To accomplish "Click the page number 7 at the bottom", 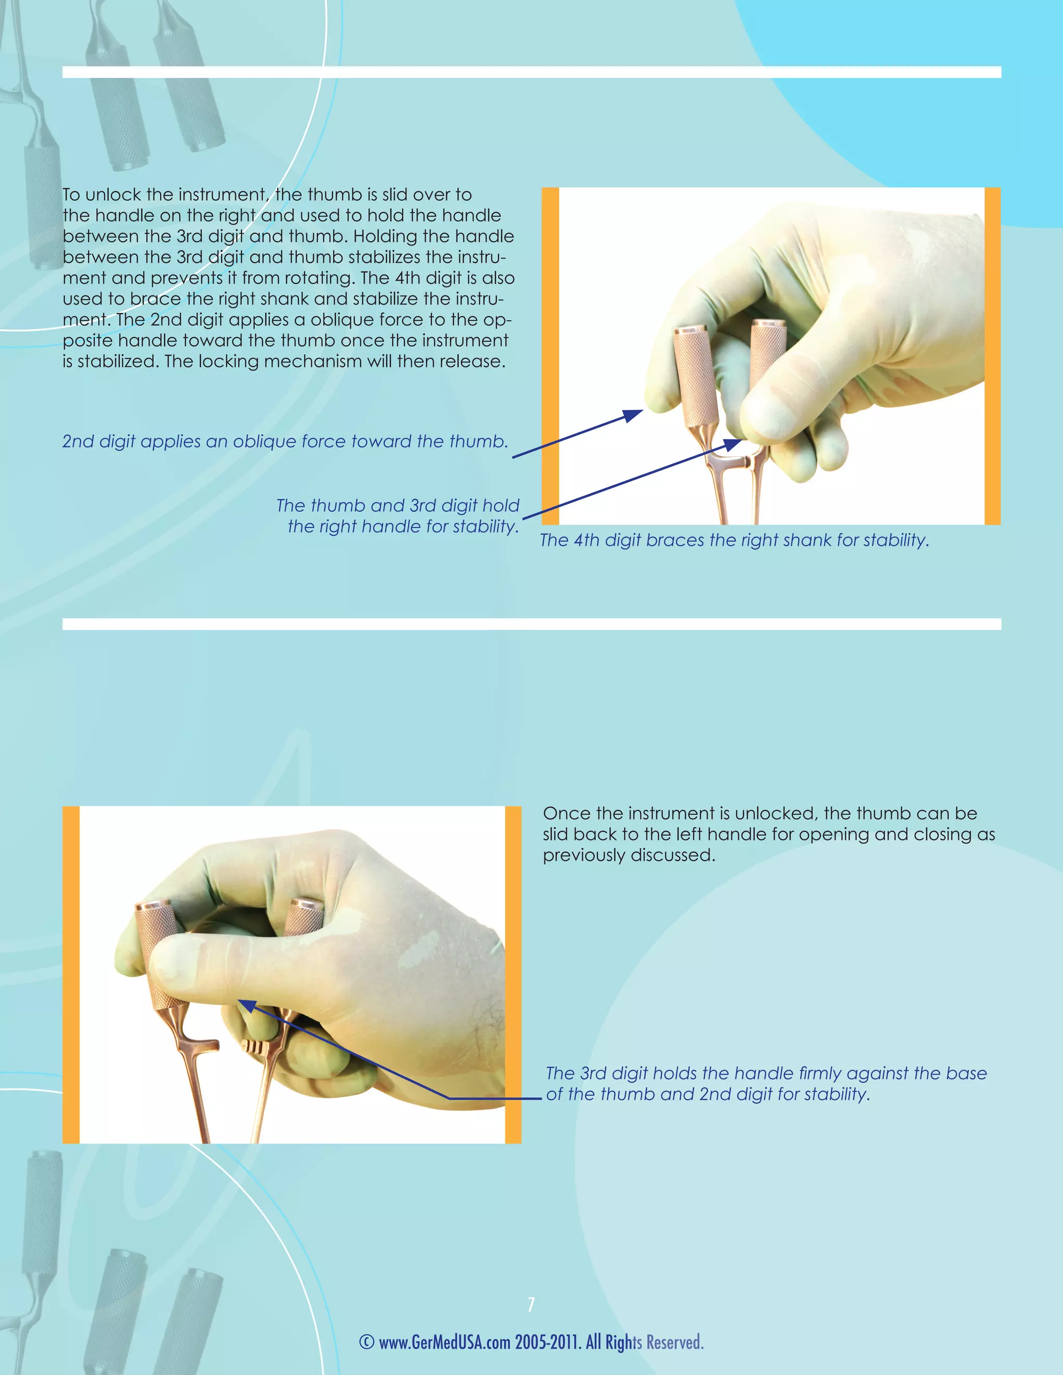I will [x=531, y=1304].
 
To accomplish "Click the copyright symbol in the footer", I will [x=366, y=1342].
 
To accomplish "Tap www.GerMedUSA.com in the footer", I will [x=444, y=1342].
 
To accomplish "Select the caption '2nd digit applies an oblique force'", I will [x=284, y=442].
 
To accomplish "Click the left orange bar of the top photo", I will [x=550, y=356].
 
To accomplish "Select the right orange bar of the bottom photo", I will [x=513, y=974].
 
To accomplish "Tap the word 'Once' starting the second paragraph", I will [x=564, y=814].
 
